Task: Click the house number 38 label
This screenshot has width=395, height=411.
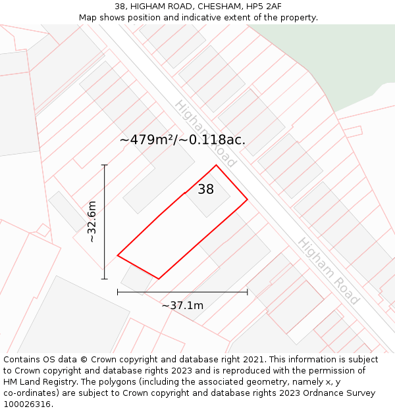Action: click(205, 189)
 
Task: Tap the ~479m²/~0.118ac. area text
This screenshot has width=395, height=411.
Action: click(182, 139)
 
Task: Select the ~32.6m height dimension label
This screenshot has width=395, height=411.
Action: click(92, 222)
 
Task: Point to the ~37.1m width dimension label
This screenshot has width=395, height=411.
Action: click(182, 305)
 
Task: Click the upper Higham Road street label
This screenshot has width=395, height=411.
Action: click(205, 133)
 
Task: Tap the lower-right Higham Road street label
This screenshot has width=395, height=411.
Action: click(328, 271)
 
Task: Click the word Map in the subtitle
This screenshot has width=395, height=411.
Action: click(88, 18)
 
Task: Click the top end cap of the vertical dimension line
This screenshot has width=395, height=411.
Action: click(105, 164)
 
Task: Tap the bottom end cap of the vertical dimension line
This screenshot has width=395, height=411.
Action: click(105, 279)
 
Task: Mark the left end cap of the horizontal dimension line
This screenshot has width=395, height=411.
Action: click(118, 291)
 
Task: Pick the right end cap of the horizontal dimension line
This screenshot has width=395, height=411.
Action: click(248, 291)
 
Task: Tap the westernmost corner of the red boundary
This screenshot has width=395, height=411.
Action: click(118, 255)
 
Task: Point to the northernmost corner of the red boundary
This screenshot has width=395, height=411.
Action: click(216, 165)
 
